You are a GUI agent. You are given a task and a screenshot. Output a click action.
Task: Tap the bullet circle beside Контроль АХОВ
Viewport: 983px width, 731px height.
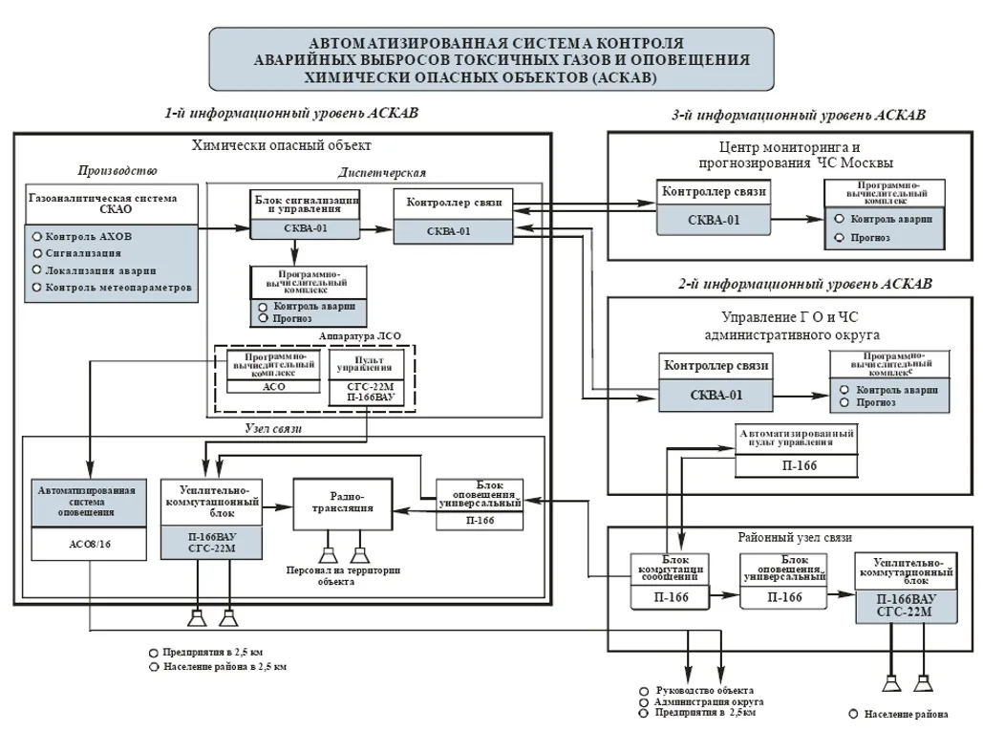37,236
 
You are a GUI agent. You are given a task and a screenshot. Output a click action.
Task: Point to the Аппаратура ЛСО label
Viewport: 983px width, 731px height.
359,336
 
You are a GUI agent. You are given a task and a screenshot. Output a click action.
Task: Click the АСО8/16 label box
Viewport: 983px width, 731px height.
89,544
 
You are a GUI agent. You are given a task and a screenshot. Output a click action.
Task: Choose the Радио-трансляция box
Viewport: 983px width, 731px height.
343,504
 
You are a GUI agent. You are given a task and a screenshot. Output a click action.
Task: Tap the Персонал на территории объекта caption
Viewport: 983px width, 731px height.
343,576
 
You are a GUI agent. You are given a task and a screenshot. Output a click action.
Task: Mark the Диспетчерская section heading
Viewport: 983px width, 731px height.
382,173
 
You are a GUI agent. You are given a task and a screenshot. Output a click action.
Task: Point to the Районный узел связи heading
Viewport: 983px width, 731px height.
794,538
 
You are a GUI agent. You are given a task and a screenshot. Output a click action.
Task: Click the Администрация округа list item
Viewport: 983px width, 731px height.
709,702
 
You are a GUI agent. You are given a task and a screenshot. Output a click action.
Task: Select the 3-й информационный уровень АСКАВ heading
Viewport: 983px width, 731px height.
799,116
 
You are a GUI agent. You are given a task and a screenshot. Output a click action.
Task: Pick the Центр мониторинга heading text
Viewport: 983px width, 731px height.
796,156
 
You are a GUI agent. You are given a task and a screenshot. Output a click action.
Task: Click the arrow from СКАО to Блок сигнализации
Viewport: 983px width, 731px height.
224,227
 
